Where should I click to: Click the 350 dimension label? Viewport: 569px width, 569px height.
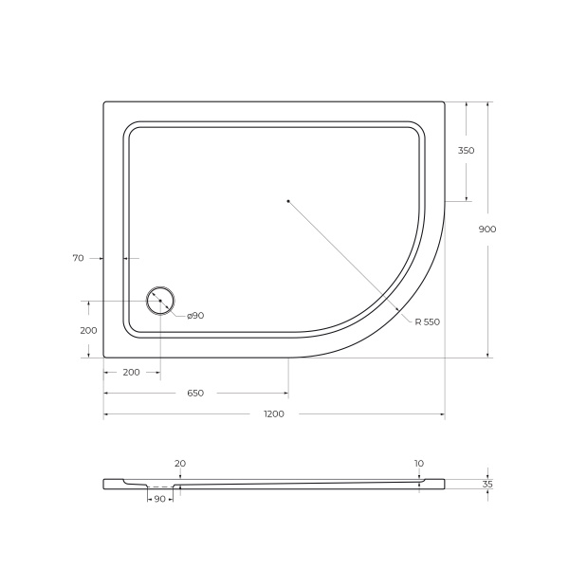coord(466,151)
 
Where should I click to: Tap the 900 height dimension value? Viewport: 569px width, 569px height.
coord(488,229)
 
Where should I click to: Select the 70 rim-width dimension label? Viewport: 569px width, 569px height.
coord(79,258)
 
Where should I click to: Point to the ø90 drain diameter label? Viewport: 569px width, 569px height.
coord(195,315)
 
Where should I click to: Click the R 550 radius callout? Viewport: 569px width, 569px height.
coord(427,322)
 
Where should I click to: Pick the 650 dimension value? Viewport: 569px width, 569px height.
coord(195,393)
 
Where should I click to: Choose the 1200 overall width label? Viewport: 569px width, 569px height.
coord(274,413)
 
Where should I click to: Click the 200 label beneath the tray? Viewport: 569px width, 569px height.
coord(131,372)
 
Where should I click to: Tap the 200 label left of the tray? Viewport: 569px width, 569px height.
coord(88,330)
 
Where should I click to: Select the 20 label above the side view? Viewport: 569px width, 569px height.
coord(180,464)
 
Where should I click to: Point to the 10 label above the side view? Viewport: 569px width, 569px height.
coord(419,464)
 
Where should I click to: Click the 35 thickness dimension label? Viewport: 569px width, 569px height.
coord(487,484)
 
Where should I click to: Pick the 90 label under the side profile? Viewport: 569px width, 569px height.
coord(159,499)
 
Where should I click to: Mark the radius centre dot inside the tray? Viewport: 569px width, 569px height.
coord(288,200)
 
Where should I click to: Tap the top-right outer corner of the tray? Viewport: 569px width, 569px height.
coord(445,101)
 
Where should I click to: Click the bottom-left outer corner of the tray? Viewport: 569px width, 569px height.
coord(103,358)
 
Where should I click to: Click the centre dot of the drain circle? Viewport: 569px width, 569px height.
coord(160,301)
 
